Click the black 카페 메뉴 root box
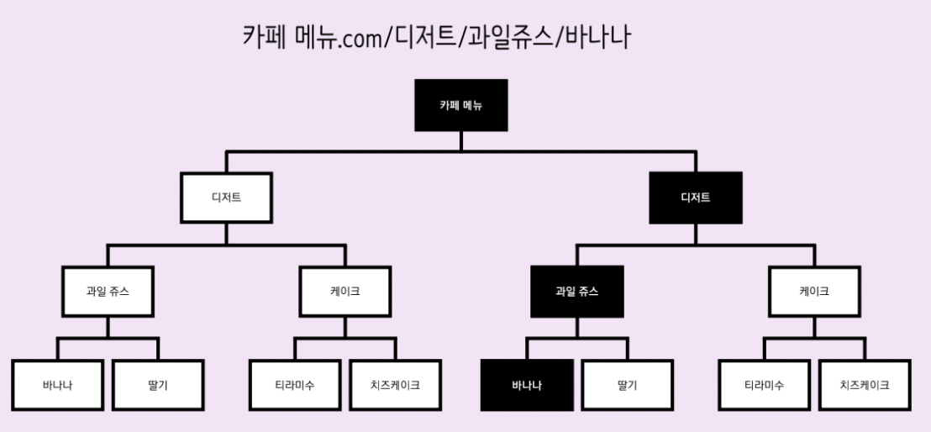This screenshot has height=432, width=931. (460, 105)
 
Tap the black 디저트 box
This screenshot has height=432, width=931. (696, 198)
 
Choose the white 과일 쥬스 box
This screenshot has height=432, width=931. (108, 292)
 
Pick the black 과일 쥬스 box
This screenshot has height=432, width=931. (577, 292)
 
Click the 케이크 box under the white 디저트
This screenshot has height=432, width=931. (345, 292)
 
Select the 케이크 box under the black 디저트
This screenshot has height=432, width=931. (814, 292)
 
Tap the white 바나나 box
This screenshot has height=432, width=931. (58, 386)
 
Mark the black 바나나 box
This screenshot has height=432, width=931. (527, 386)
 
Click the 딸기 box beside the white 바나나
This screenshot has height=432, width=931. (158, 386)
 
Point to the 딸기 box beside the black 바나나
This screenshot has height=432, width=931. (627, 386)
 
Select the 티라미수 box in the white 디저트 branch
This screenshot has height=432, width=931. (295, 386)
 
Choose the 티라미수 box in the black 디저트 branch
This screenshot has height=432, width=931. (764, 386)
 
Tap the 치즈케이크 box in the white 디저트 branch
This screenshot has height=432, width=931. (395, 386)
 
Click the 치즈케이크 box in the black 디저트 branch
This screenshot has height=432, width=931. (864, 386)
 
